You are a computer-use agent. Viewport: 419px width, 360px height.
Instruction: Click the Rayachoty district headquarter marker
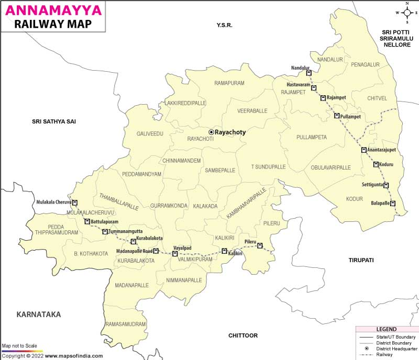[211, 132]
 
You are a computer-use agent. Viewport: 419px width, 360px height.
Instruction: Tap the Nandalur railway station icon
[308, 73]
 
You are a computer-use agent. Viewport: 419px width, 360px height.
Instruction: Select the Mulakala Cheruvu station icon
[75, 203]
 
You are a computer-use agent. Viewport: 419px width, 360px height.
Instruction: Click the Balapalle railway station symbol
[392, 204]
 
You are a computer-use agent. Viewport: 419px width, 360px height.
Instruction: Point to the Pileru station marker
[260, 246]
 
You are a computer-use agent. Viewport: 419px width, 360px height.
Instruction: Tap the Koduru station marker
[376, 164]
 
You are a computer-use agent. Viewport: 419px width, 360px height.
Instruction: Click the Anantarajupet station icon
[363, 150]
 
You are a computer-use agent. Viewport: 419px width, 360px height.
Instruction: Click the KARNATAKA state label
[39, 314]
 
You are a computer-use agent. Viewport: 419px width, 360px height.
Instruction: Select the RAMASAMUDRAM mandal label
[126, 324]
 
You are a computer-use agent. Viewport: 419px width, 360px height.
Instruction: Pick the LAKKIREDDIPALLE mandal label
[186, 104]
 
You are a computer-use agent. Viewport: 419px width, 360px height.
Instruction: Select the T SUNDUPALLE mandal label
[268, 166]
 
